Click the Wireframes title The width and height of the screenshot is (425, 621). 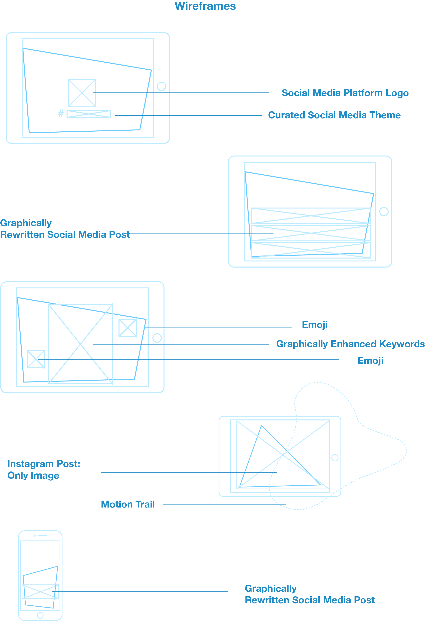205,6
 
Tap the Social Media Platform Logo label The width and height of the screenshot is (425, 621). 345,93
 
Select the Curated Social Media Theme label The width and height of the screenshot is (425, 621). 334,115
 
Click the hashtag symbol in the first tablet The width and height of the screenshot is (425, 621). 61,113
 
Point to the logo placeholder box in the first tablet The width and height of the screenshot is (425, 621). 82,93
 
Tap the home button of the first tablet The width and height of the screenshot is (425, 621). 161,86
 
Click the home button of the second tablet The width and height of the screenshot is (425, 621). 384,211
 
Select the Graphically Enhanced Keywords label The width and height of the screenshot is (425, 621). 350,344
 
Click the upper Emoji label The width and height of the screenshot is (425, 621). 315,325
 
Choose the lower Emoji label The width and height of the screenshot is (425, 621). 370,360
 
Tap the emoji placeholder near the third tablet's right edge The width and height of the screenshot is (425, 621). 128,328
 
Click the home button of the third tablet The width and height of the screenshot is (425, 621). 157,338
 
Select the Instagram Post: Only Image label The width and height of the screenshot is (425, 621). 44,470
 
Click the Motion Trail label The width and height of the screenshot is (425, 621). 128,504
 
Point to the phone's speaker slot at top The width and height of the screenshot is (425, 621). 42,535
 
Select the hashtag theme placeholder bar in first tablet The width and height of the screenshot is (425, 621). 89,114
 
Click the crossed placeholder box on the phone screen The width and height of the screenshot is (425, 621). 40,592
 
